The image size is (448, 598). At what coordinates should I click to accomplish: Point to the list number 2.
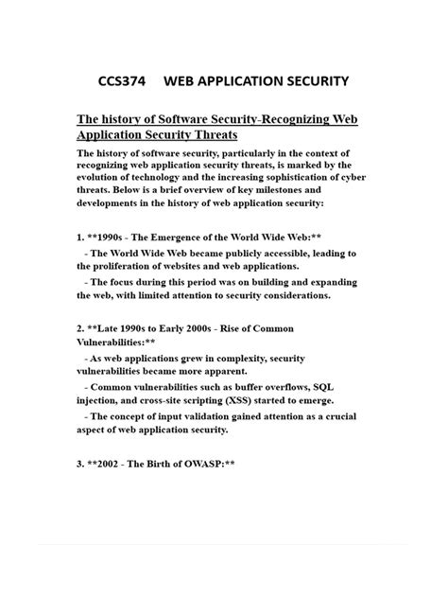click(79, 328)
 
